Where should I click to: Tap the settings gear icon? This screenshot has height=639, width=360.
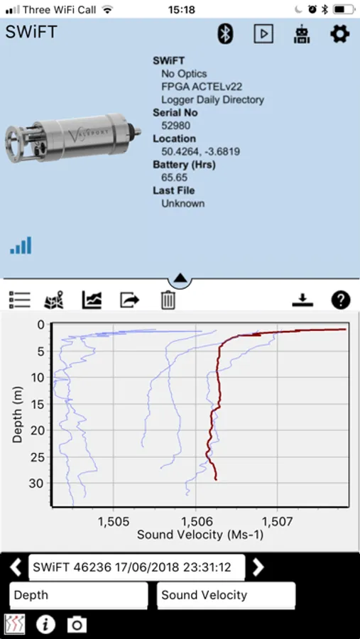coord(339,33)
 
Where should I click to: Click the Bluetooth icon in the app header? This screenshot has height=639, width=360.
coord(224,33)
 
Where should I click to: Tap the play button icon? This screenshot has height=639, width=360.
coord(263,34)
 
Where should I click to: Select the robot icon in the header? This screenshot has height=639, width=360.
coord(301,34)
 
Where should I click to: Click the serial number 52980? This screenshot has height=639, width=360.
coord(175,126)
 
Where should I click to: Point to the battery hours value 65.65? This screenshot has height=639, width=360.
coord(175,177)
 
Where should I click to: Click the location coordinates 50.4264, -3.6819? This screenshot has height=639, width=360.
coord(200,152)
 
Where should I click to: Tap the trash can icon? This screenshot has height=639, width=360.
coord(168,300)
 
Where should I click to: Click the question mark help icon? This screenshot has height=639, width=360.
coord(341,300)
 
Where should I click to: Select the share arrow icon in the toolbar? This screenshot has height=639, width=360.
coord(130,300)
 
